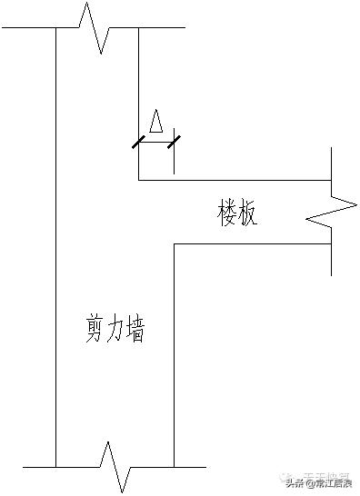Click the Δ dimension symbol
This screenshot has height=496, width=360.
(156, 122)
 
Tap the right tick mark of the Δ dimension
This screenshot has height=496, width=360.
(174, 141)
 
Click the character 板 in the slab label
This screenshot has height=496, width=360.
(248, 214)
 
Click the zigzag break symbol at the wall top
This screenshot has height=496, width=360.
(97, 26)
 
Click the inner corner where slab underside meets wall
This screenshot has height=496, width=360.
(174, 243)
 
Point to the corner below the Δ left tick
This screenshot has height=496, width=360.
(138, 180)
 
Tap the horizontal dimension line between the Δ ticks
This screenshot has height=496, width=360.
(156, 141)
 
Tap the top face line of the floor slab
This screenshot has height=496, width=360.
(236, 180)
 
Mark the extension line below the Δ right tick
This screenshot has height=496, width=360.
(174, 159)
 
